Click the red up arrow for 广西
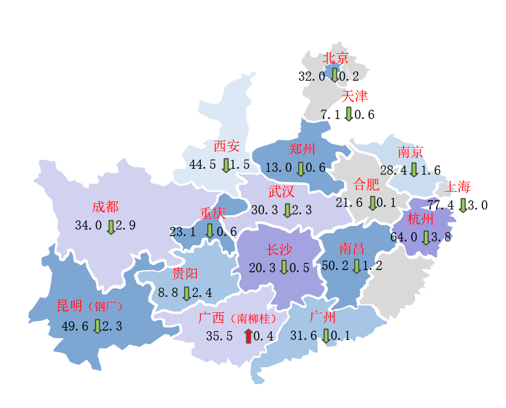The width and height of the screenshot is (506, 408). pos(248,336)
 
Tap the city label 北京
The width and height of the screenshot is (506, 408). pos(336,58)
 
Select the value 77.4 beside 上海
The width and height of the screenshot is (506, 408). pos(441,205)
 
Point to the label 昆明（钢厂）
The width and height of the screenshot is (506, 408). pos(90,306)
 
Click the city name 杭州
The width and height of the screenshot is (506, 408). pos(421,219)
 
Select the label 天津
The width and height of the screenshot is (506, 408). pos(354,96)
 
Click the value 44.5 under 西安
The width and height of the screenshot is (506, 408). pos(203,165)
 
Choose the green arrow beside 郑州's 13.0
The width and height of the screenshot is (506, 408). pos(301,168)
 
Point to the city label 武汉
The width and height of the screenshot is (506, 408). pos(281,191)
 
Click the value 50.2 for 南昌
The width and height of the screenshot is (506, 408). pos(335,266)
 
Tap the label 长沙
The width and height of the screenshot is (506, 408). pos(279,249)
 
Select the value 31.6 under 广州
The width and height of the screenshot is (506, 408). pos(303,336)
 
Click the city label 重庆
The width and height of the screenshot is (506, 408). pos(212,214)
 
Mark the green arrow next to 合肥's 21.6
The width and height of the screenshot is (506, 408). pos(373,203)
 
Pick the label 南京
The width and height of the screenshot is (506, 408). pos(410,152)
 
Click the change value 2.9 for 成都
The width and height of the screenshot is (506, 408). pos(125,225)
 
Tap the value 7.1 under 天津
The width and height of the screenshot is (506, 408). pos(330,115)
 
